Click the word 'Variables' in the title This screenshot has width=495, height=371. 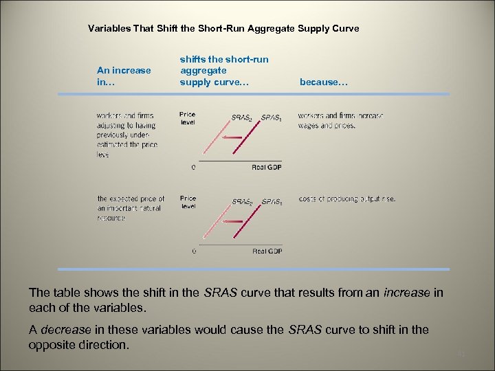point(109,29)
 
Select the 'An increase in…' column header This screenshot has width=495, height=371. point(124,76)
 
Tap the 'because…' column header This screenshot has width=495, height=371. point(324,82)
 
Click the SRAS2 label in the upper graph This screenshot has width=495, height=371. point(241,117)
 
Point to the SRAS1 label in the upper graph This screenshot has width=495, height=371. point(271,117)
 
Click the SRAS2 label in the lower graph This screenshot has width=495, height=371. point(241,202)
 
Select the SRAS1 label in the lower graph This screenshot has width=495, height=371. point(271,202)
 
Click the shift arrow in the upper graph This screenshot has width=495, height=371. point(233,137)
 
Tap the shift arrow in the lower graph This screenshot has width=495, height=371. point(233,221)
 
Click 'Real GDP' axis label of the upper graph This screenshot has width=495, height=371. point(267,167)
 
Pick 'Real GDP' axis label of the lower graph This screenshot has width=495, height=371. point(267,251)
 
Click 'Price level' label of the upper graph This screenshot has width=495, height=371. point(187,118)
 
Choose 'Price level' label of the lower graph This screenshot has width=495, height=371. point(187,202)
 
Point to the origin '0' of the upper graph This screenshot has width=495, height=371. point(193,167)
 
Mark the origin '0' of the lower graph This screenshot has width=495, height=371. point(193,251)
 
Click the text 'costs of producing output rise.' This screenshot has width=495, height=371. point(346,199)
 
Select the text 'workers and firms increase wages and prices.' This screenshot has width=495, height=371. point(340,120)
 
